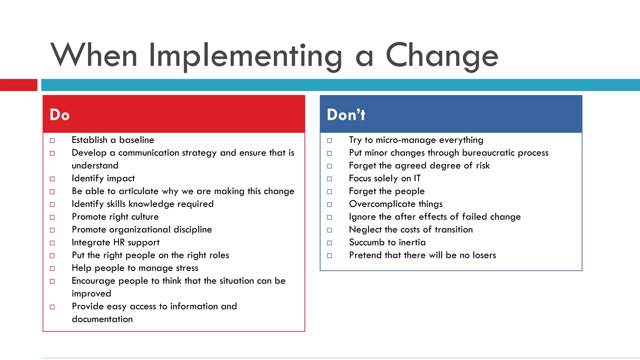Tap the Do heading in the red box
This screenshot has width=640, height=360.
[x=59, y=115]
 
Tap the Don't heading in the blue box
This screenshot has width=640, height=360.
[x=346, y=115]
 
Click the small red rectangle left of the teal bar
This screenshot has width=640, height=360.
[x=18, y=85]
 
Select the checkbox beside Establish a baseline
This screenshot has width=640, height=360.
[x=52, y=141]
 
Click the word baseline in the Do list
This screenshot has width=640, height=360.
[x=137, y=140]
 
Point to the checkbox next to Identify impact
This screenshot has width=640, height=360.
[x=52, y=179]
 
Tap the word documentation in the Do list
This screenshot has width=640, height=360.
[x=102, y=319]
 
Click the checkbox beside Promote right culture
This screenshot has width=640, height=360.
[x=52, y=217]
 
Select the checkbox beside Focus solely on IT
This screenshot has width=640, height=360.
[x=329, y=179]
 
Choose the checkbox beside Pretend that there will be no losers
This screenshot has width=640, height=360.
[x=329, y=256]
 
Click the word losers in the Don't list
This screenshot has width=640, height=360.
[x=484, y=255]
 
